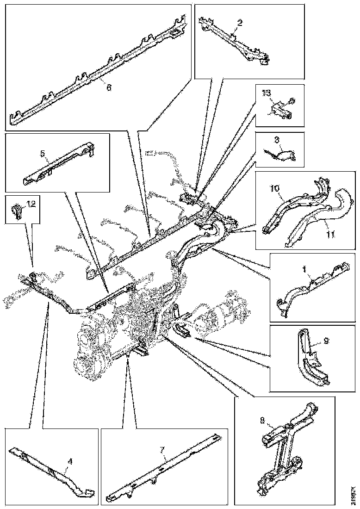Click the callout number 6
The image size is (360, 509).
(109, 87)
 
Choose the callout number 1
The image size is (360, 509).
(304, 268)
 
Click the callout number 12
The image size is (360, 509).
(31, 203)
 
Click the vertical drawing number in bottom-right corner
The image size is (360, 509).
(354, 495)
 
